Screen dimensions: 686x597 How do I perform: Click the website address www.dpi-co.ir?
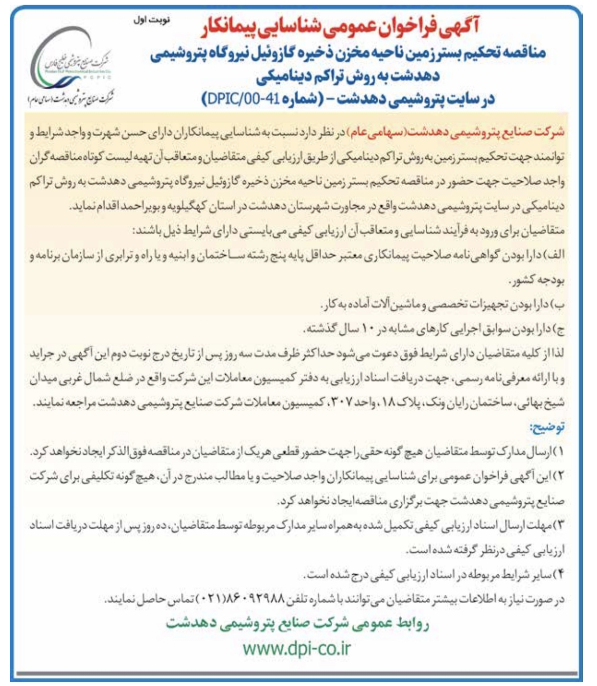tap(297, 648)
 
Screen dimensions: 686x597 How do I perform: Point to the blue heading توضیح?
tap(547, 427)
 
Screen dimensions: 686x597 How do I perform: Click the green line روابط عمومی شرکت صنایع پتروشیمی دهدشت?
tap(297, 623)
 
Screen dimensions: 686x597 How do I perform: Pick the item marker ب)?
tap(558, 305)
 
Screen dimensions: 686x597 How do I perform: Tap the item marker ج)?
tap(558, 329)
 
